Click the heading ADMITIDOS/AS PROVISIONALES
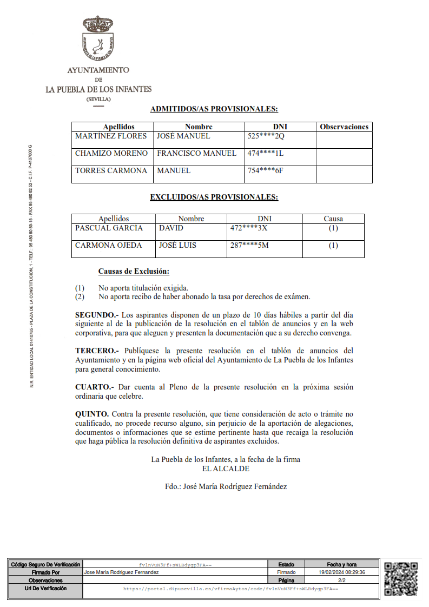pyautogui.click(x=214, y=109)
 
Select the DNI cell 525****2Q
pyautogui.click(x=266, y=136)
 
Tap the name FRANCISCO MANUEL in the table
pyautogui.click(x=196, y=153)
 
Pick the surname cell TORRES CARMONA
pyautogui.click(x=111, y=170)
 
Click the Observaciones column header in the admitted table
pyautogui.click(x=344, y=127)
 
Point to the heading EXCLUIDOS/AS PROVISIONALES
pyautogui.click(x=214, y=197)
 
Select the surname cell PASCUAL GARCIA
pyautogui.click(x=109, y=228)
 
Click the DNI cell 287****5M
pyautogui.click(x=249, y=245)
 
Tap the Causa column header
pyautogui.click(x=333, y=219)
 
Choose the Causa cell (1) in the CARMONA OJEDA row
pyautogui.click(x=333, y=246)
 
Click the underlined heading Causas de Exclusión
pyautogui.click(x=134, y=271)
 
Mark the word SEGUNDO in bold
pyautogui.click(x=95, y=314)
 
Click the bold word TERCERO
pyautogui.click(x=95, y=350)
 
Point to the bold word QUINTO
pyautogui.click(x=91, y=414)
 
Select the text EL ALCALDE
pyautogui.click(x=226, y=469)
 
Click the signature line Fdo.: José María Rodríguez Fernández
pyautogui.click(x=226, y=486)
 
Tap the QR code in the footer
pyautogui.click(x=401, y=578)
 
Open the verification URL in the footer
pyautogui.click(x=230, y=588)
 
